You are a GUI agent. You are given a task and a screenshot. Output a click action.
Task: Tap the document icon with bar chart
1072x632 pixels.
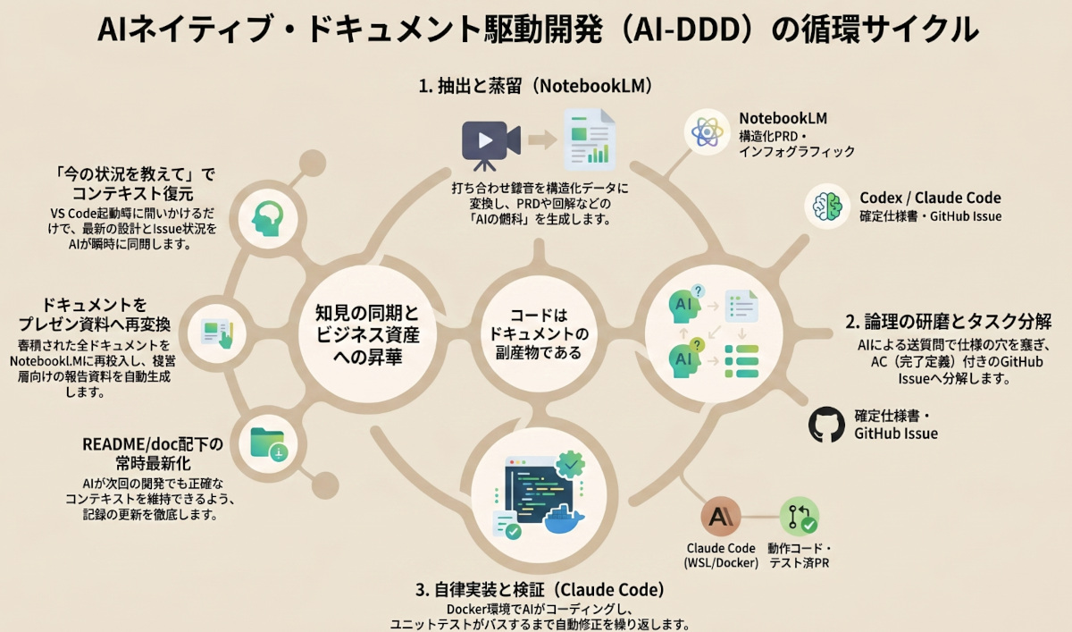[589, 139]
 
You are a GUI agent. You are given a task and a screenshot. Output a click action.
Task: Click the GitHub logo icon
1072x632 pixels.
[826, 426]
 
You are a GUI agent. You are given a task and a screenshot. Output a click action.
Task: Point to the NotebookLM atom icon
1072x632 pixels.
[708, 132]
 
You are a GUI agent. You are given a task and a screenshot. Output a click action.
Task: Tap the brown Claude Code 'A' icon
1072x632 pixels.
[721, 518]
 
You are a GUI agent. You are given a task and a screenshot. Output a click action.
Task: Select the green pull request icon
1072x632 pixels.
[799, 518]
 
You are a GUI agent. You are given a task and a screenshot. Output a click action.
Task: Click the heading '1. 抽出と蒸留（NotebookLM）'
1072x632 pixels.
[535, 87]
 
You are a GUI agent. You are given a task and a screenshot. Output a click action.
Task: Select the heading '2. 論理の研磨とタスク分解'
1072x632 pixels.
[948, 321]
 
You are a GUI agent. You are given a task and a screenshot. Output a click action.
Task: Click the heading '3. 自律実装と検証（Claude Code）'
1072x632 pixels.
[540, 590]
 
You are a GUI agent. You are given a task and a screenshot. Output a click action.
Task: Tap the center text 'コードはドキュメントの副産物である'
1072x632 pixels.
[535, 333]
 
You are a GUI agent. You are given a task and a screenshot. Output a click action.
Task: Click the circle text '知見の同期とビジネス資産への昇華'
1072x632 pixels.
[366, 333]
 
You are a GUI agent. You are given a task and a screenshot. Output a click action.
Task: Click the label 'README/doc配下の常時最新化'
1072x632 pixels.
[152, 453]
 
